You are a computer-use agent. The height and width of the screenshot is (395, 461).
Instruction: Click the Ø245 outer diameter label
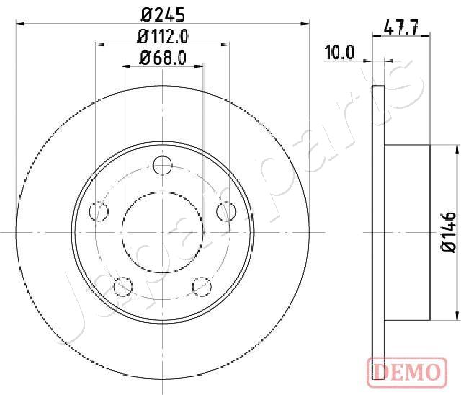[x=163, y=13]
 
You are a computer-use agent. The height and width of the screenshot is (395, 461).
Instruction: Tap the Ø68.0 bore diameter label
[x=163, y=58]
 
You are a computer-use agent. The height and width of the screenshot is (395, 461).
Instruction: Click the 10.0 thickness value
[x=340, y=52]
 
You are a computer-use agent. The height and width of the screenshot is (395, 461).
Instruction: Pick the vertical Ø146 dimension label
[x=448, y=232]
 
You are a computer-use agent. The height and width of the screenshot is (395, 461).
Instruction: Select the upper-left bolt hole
[x=99, y=211]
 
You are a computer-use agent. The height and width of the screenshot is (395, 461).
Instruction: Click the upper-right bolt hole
[x=226, y=210]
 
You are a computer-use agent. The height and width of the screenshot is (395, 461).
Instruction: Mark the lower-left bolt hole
[x=123, y=286]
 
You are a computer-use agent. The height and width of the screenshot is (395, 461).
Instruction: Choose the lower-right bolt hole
[x=202, y=286]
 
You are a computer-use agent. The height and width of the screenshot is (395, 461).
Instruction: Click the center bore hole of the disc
[x=163, y=232]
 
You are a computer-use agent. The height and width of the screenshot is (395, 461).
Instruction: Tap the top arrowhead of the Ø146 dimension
[x=456, y=150]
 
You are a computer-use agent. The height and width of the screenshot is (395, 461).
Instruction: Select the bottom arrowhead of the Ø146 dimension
[x=456, y=314]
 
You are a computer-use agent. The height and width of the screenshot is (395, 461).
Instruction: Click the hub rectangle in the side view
[x=408, y=232]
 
